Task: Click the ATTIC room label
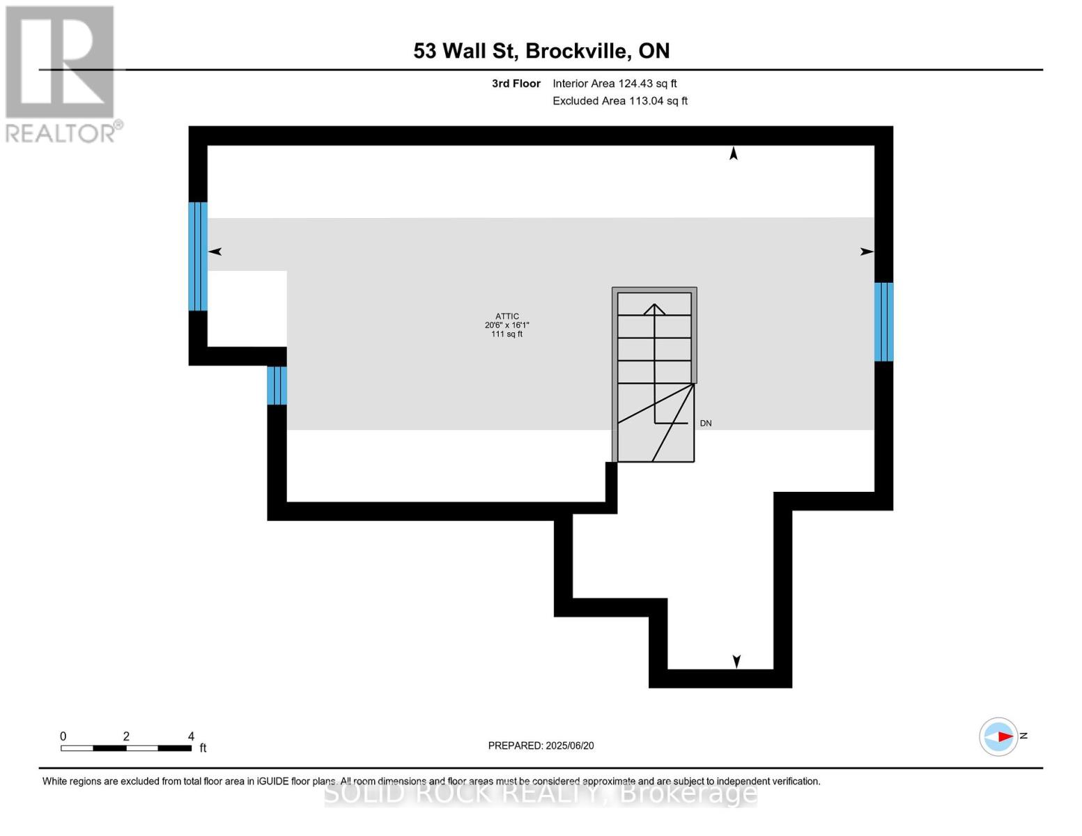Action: pos(507,316)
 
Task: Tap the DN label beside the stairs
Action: pos(706,424)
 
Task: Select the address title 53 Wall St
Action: pos(541,51)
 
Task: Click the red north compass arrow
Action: pos(1003,736)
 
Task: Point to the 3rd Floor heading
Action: pos(516,84)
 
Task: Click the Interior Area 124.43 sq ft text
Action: pos(615,84)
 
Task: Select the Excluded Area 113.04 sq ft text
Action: pos(619,101)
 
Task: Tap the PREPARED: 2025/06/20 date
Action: pos(541,745)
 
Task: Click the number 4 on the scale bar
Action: pos(191,736)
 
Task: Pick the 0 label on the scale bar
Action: pos(63,736)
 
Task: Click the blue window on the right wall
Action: pos(883,322)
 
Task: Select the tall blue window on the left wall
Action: pos(198,256)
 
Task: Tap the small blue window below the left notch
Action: pos(277,385)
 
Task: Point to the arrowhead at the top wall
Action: pos(733,153)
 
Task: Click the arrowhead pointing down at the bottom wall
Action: pos(736,661)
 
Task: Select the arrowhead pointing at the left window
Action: pos(215,251)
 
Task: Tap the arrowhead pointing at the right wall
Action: pos(867,251)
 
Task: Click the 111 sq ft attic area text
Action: pos(507,334)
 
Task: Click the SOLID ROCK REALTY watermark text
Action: pos(541,794)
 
